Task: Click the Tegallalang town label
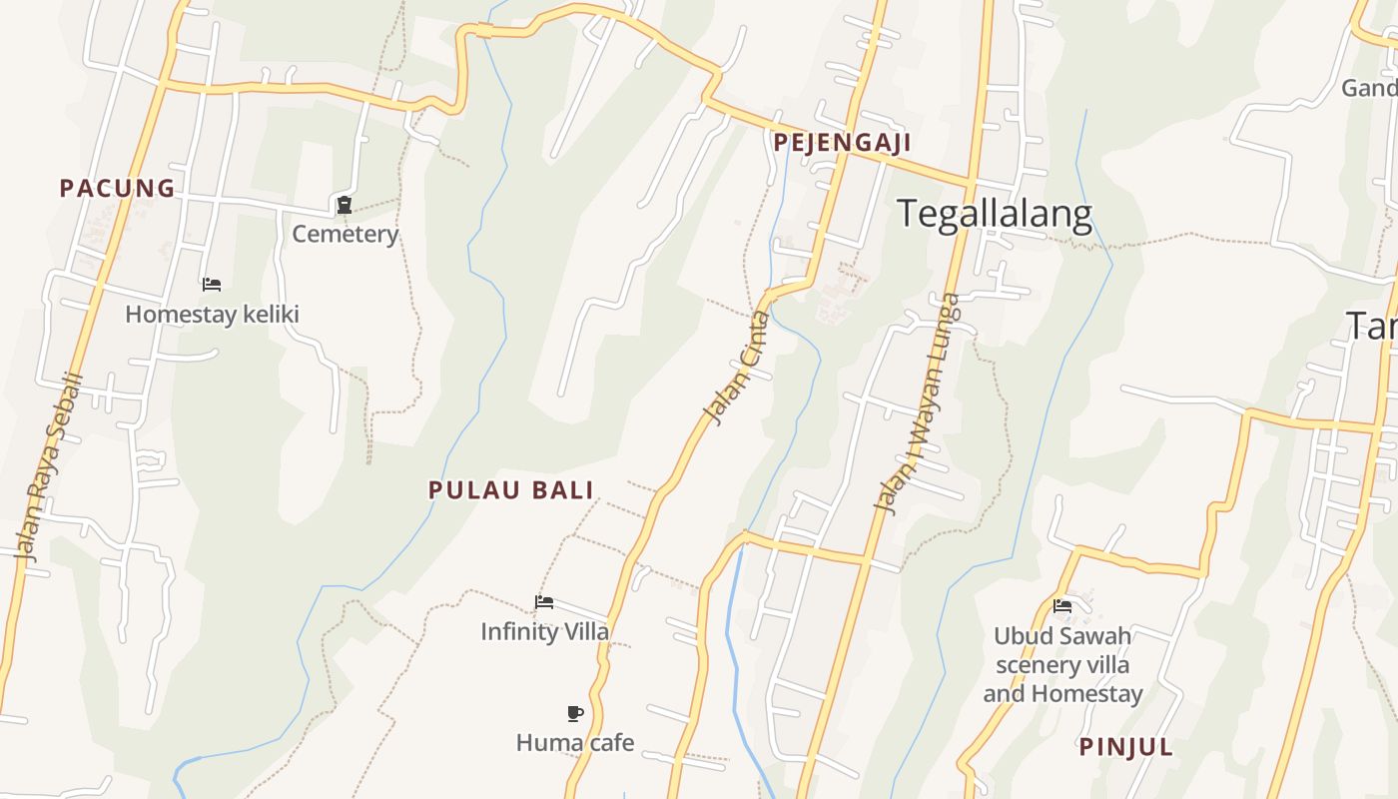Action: point(995,215)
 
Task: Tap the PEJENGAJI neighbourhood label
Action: point(842,143)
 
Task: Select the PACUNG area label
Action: point(117,188)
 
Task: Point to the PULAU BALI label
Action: point(511,490)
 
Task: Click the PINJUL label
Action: point(1125,747)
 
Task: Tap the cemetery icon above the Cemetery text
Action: point(345,206)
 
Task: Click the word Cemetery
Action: point(346,235)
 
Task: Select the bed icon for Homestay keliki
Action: point(212,285)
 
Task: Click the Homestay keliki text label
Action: point(212,315)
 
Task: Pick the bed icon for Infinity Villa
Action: point(544,602)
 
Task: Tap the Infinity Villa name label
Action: point(544,632)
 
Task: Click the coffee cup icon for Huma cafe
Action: point(574,713)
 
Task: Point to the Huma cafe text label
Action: point(574,743)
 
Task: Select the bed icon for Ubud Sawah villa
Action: point(1062,605)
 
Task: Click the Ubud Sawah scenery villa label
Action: point(1062,664)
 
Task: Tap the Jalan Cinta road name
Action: point(737,368)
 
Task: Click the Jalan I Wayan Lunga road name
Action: point(917,402)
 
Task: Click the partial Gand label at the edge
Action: point(1369,88)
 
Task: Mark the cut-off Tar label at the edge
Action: point(1372,325)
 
